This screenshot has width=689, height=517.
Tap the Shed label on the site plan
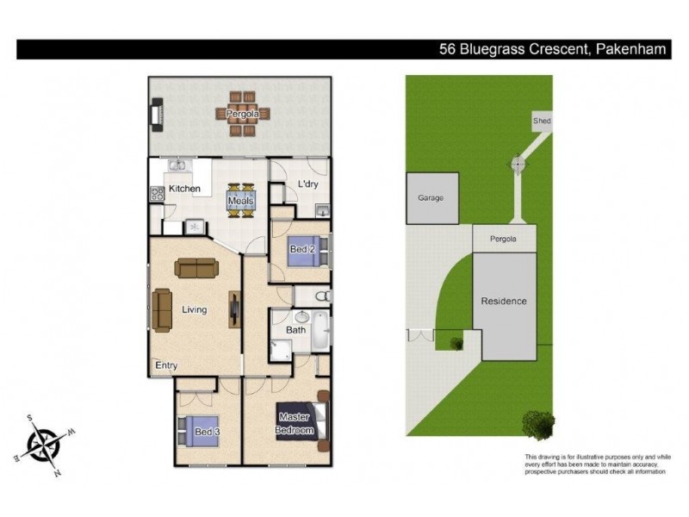click(x=542, y=121)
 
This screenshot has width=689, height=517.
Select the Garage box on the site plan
click(x=432, y=198)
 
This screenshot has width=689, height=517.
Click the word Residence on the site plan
click(x=504, y=301)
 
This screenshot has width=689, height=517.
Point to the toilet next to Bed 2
click(x=323, y=296)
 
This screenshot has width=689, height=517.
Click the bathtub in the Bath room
click(x=320, y=331)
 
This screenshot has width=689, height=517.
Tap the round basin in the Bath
click(x=302, y=316)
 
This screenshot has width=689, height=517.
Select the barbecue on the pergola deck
click(x=158, y=115)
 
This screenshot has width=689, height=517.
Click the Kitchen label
click(x=184, y=189)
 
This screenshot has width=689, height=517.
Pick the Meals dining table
click(x=241, y=201)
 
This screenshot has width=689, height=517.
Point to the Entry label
click(x=166, y=365)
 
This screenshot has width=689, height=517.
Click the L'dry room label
click(x=307, y=184)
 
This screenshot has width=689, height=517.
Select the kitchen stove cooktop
click(x=158, y=194)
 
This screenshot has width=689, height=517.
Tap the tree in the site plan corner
click(x=537, y=425)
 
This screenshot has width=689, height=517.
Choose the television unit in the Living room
click(x=235, y=309)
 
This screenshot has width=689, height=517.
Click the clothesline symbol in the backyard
click(x=518, y=165)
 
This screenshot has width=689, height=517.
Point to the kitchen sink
click(x=178, y=165)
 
